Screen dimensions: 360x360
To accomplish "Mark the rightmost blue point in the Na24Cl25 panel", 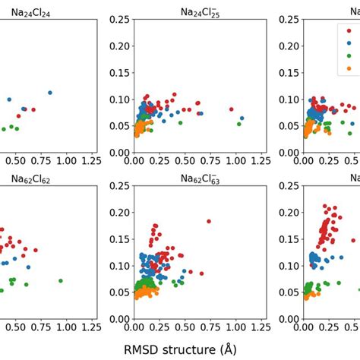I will point(242,118).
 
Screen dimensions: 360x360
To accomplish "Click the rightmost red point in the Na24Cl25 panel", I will point(232,109).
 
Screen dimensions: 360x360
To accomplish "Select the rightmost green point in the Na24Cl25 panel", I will point(238,123).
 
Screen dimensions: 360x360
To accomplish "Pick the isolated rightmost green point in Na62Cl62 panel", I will point(61,281).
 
